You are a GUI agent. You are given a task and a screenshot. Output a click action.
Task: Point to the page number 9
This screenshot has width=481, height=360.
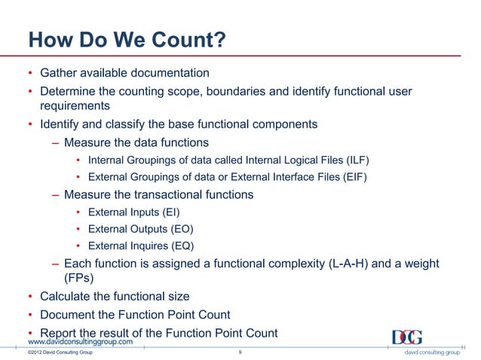click(239, 352)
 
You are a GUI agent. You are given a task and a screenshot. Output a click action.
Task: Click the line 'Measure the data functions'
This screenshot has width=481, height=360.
click(136, 142)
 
